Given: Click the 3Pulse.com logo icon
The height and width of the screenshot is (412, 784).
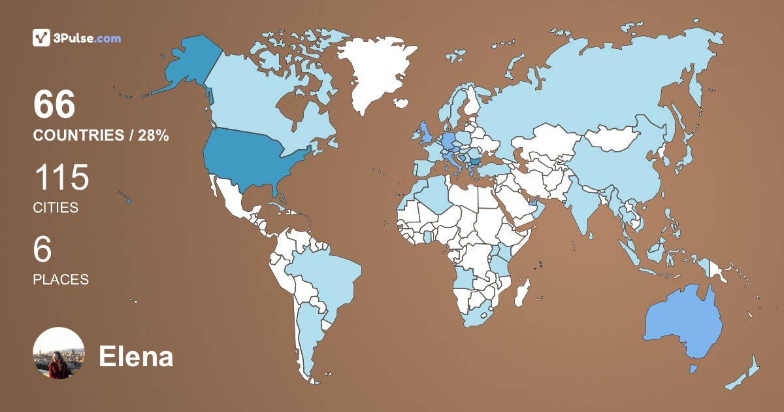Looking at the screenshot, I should click(42, 38).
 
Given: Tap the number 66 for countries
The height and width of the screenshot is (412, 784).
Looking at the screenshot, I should click(55, 105).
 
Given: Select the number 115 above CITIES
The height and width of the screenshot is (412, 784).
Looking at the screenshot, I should click(61, 178).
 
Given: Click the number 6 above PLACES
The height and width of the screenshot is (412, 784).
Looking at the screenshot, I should click(42, 250).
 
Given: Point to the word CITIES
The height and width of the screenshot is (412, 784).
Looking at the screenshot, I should click(56, 208).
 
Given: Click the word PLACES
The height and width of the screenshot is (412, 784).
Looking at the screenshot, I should click(61, 279).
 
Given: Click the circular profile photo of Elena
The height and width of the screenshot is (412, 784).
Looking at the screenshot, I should click(59, 353).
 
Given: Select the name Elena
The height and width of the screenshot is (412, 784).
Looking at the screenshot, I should click(136, 356).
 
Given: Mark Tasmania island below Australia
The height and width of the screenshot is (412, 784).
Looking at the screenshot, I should click(693, 369).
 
